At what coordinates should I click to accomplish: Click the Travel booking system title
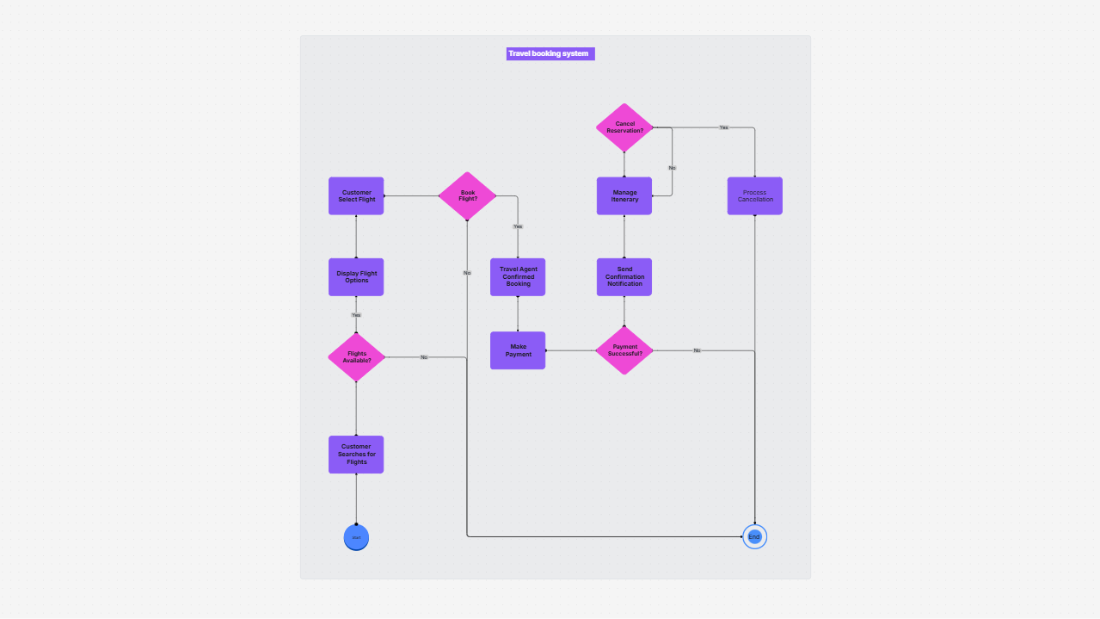pyautogui.click(x=550, y=53)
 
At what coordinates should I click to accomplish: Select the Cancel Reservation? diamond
pyautogui.click(x=624, y=127)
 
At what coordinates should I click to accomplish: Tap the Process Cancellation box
pyautogui.click(x=754, y=195)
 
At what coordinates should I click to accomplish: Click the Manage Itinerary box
pyautogui.click(x=624, y=195)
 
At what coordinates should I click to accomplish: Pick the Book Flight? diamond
pyautogui.click(x=468, y=196)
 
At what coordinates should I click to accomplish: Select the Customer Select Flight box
pyautogui.click(x=356, y=195)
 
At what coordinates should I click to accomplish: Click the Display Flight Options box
pyautogui.click(x=356, y=276)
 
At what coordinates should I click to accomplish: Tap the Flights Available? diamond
pyautogui.click(x=356, y=356)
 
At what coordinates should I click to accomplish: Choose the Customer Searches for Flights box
pyautogui.click(x=356, y=454)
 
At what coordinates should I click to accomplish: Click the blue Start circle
pyautogui.click(x=356, y=537)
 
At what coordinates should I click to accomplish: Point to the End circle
pyautogui.click(x=754, y=536)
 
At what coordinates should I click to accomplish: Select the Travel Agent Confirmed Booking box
pyautogui.click(x=518, y=276)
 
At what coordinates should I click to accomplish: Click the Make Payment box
pyautogui.click(x=518, y=350)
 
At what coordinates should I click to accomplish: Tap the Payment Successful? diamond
pyautogui.click(x=624, y=350)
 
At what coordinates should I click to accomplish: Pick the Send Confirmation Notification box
pyautogui.click(x=624, y=276)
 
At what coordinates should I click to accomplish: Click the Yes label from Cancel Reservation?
pyautogui.click(x=723, y=127)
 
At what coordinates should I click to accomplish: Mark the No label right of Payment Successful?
pyautogui.click(x=697, y=350)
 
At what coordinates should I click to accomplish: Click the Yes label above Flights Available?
pyautogui.click(x=356, y=315)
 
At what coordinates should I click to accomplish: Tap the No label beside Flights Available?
pyautogui.click(x=424, y=357)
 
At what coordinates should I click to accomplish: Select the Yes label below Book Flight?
pyautogui.click(x=518, y=226)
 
